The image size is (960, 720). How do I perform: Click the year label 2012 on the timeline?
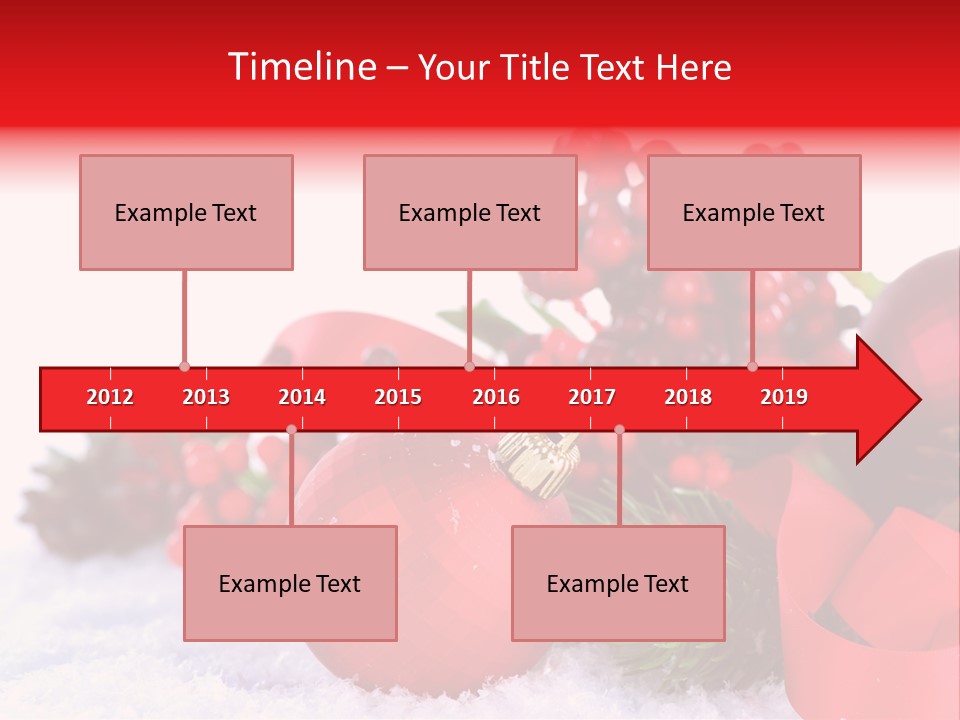[x=110, y=397]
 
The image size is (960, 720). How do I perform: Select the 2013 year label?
[x=206, y=397]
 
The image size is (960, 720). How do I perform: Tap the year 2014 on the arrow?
[x=302, y=397]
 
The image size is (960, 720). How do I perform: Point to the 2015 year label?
[x=398, y=397]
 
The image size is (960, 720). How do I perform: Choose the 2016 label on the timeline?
[x=496, y=397]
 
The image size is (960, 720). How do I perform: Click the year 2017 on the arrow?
[x=592, y=397]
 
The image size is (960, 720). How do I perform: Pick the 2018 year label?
[x=688, y=397]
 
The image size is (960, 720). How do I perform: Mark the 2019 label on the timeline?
[x=784, y=397]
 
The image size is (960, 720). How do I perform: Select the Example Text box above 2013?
[x=186, y=213]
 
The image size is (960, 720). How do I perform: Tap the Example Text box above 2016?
[x=470, y=213]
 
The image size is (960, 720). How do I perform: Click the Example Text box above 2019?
[x=754, y=213]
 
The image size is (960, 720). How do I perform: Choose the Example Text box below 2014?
[x=290, y=584]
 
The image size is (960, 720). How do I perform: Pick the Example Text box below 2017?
[x=618, y=584]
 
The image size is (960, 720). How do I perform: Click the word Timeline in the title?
[x=300, y=67]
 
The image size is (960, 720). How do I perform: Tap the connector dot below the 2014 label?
[x=291, y=429]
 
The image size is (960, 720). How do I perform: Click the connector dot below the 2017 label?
[x=619, y=429]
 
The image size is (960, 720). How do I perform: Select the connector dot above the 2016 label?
[x=469, y=366]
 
